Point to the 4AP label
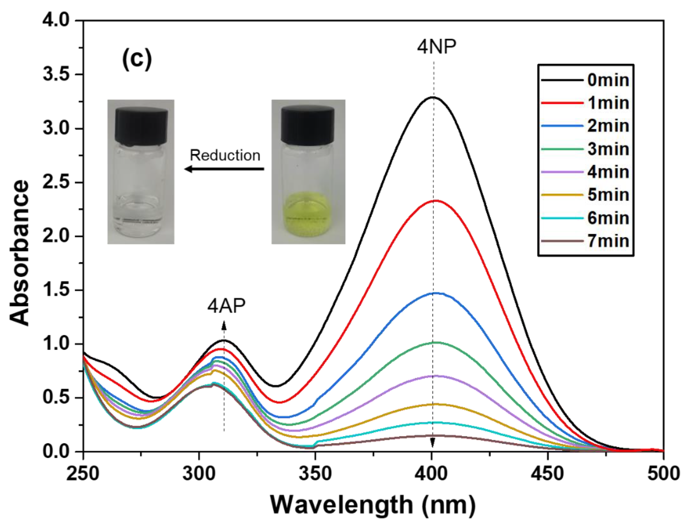pos(227,306)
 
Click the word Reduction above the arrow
pos(225,155)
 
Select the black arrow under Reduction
pos(224,169)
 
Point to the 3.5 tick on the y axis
pos(56,75)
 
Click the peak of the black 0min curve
pos(433,97)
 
